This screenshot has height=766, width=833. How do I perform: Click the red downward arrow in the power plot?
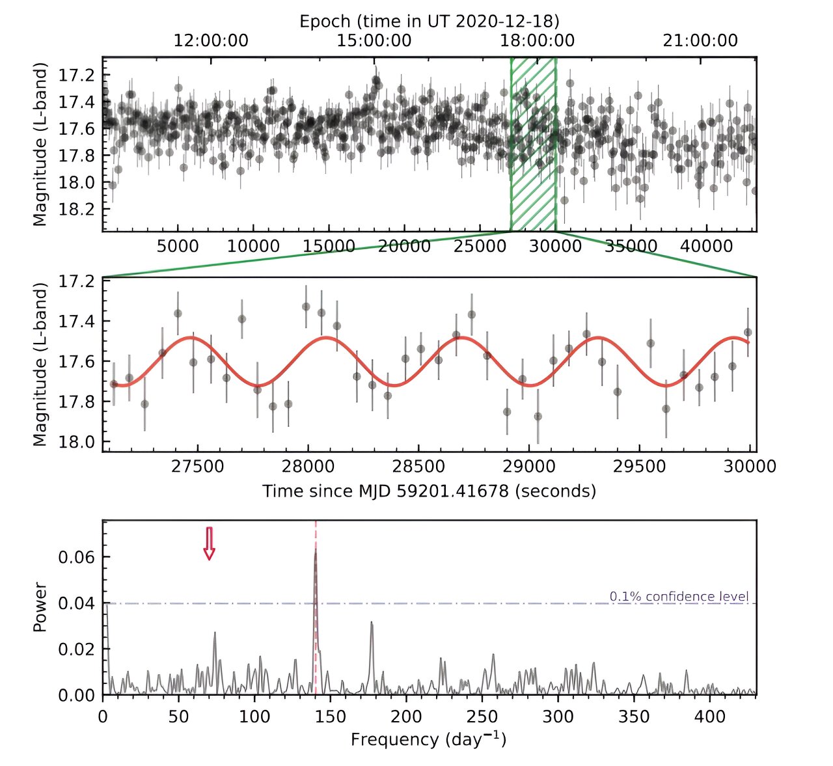[209, 543]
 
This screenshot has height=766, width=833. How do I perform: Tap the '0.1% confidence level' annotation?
[679, 596]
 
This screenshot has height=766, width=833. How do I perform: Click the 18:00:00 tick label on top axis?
[537, 41]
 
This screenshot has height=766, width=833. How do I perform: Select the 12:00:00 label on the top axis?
[210, 41]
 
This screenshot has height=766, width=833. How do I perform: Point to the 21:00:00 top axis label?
[700, 41]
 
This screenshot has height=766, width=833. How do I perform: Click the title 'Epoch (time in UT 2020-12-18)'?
[429, 21]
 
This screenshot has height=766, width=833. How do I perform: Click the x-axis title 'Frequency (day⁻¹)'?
[428, 739]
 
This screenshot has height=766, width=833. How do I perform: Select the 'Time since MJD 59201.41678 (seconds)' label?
[429, 491]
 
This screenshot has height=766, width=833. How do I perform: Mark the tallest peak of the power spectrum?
[316, 551]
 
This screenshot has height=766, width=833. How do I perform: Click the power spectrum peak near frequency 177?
[372, 623]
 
